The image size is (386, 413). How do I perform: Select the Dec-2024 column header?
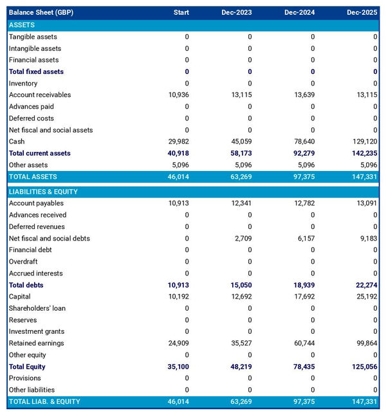tap(299, 12)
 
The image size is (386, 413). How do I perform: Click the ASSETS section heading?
tap(22, 24)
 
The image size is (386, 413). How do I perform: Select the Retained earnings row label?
tap(36, 343)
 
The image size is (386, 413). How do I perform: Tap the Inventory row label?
tap(23, 83)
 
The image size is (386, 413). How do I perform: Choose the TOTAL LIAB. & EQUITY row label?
tap(44, 401)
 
